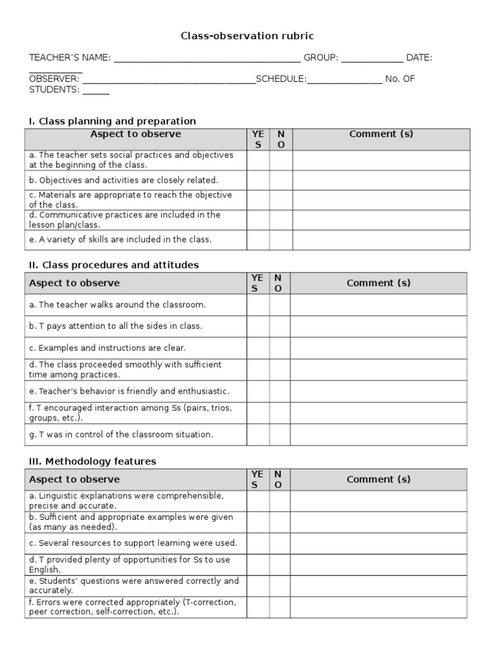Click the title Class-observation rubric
(247, 37)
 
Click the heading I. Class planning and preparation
(112, 121)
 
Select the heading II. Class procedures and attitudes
(113, 265)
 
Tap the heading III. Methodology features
(92, 461)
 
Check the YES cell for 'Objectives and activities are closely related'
(258, 180)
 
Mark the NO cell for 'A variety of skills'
(281, 239)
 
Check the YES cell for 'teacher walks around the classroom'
(258, 305)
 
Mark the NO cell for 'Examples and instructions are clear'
(280, 348)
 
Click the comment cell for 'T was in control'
(378, 434)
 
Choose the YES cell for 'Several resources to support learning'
(258, 543)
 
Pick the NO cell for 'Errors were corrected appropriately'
(280, 607)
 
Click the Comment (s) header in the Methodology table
(378, 479)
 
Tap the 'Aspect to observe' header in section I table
(135, 135)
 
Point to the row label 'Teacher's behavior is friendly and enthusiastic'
(130, 391)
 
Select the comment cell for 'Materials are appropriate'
(381, 200)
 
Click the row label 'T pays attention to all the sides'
(116, 326)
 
